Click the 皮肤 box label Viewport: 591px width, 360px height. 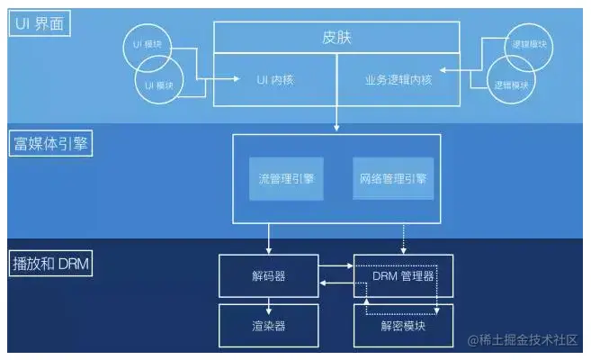tap(336, 38)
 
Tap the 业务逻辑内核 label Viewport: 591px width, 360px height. tap(398, 80)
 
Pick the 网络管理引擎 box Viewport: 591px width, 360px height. tap(389, 179)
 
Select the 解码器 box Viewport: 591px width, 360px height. tap(268, 275)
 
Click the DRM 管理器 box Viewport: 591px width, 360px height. tap(403, 275)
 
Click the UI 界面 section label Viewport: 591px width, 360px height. tap(40, 22)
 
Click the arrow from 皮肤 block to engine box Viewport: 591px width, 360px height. tap(336, 117)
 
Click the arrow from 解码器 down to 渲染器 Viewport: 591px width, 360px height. tap(268, 300)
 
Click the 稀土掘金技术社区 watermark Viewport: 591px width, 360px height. tap(521, 340)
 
